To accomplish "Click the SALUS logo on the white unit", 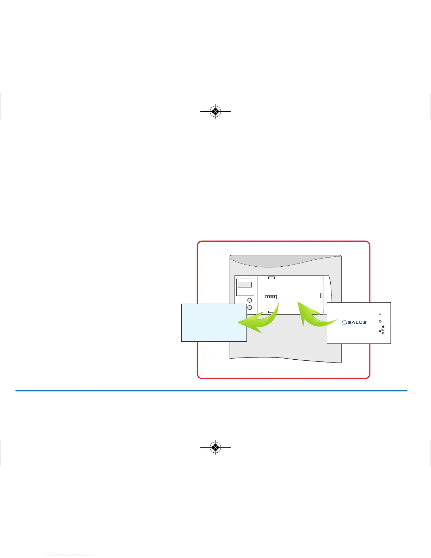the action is coord(354,322).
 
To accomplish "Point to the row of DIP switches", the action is coord(271,297).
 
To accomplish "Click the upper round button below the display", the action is coord(250,300).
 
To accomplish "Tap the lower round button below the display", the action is coord(250,308).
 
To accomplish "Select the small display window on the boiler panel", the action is coord(245,285).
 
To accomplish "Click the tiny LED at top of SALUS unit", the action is coord(380,314).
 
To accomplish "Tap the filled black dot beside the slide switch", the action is coord(383,327).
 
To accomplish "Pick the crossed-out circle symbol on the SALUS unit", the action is coord(383,333).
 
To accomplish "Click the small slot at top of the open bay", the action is coord(271,278).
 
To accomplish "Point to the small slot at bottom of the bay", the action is coord(271,312).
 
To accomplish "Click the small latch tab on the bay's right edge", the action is coord(321,295).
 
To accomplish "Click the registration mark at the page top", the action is coord(215,111).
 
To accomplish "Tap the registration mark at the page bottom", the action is coord(215,447).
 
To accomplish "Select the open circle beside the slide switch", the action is coord(383,330).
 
